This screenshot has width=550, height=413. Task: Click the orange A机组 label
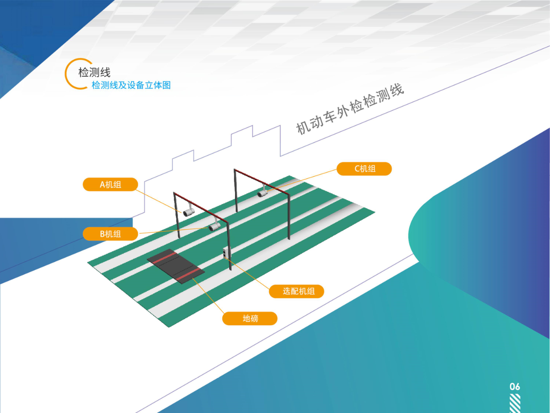(x=110, y=184)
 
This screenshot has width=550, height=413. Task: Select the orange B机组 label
(x=110, y=233)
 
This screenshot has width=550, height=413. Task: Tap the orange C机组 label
(x=364, y=169)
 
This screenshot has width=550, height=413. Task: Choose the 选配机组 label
(x=296, y=291)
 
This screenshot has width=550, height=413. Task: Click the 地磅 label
(x=250, y=318)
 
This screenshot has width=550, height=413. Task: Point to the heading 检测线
(x=94, y=72)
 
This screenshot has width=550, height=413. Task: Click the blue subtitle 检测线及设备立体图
(x=131, y=85)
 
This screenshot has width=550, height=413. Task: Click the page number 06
(x=515, y=386)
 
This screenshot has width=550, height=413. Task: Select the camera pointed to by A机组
(x=189, y=211)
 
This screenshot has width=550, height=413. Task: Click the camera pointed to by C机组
(x=263, y=194)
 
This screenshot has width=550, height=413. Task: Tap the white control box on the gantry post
(x=227, y=252)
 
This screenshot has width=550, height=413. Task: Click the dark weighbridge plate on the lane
(x=176, y=266)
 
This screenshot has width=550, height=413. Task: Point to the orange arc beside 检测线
(x=68, y=74)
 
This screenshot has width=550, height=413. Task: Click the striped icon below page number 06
(x=515, y=403)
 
